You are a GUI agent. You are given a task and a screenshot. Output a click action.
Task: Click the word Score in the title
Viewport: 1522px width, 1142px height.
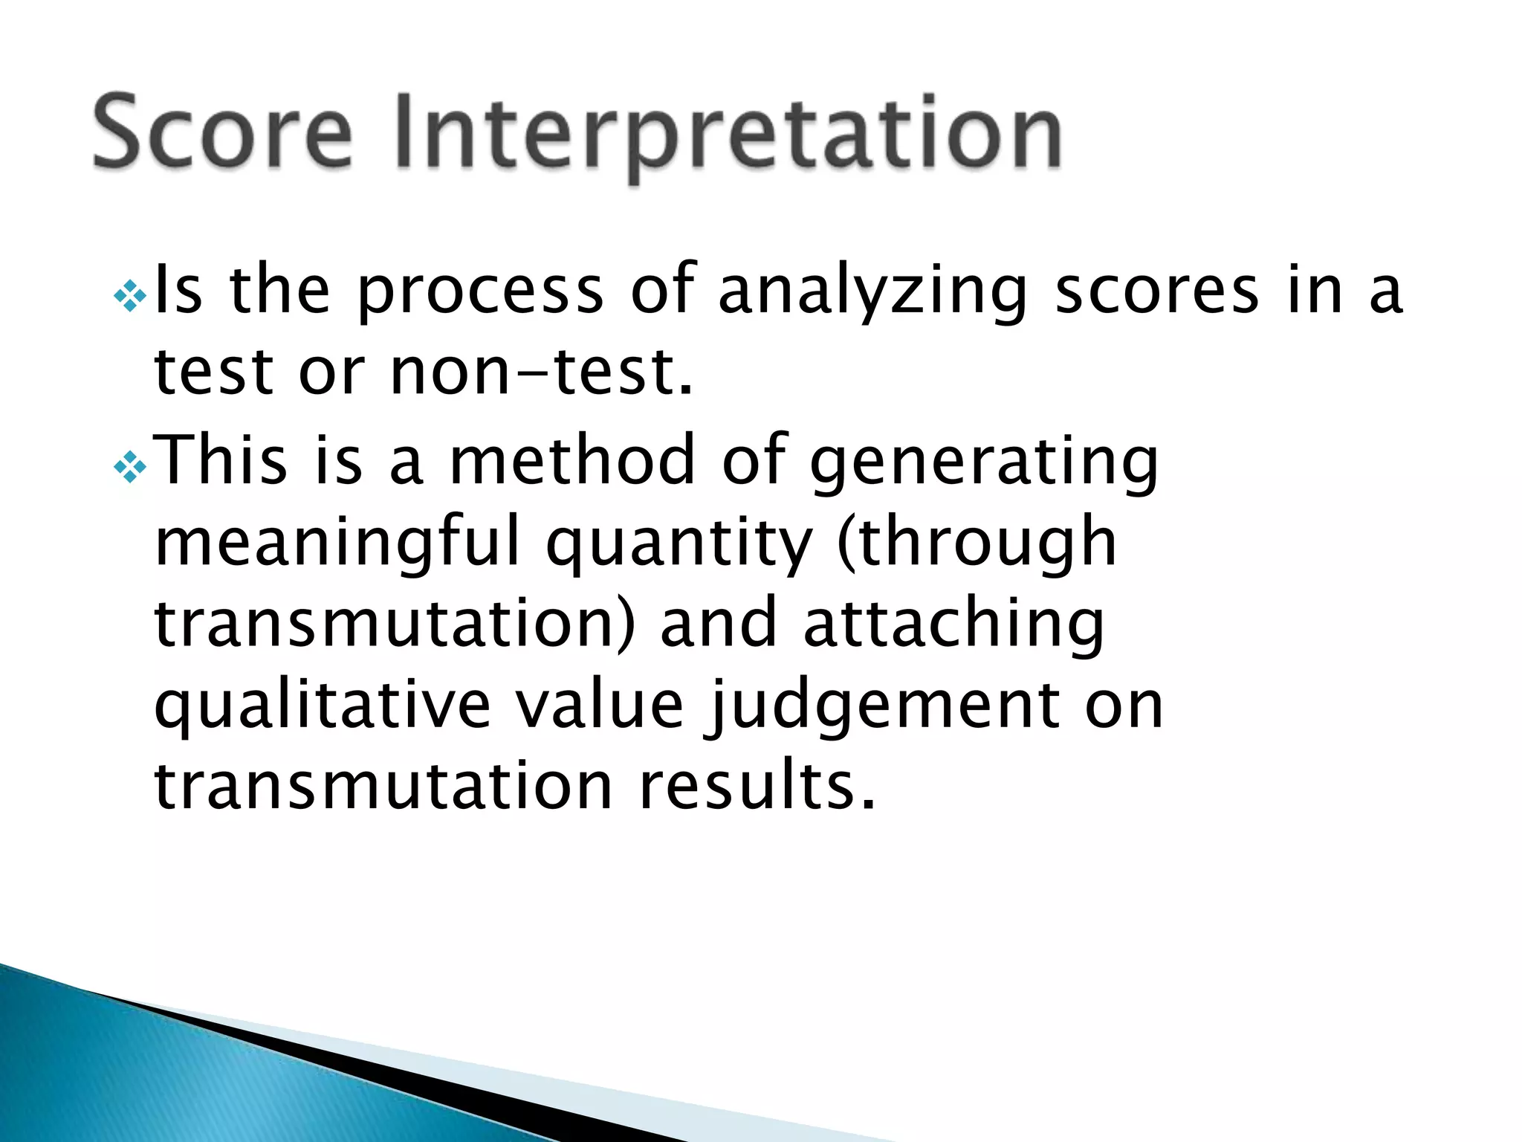[221, 132]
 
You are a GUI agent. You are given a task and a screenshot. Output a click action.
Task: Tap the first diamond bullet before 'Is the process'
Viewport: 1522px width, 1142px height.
[130, 297]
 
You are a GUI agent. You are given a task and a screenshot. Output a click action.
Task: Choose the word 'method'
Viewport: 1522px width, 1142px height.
[572, 459]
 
